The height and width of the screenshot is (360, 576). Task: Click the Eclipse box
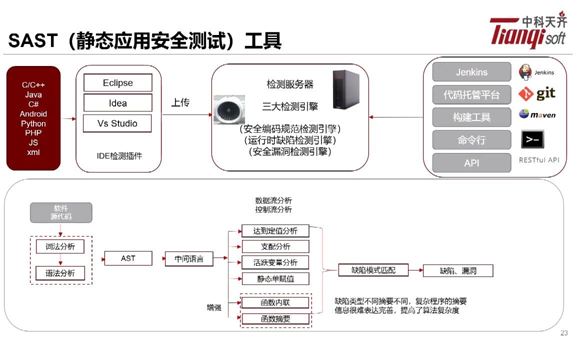[x=118, y=83]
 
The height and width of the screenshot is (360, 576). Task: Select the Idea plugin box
[x=118, y=103]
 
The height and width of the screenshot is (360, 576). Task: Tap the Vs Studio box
[x=117, y=123]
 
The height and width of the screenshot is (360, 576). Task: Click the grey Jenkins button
[x=471, y=72]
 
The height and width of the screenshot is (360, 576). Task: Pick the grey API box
[x=471, y=163]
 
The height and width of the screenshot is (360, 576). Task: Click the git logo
[x=537, y=93]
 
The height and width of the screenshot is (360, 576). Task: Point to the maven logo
[x=537, y=114]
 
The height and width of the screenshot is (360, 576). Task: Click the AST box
[x=128, y=258]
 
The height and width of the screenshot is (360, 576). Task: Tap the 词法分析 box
[x=60, y=246]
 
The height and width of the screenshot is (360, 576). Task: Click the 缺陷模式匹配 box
[x=373, y=270]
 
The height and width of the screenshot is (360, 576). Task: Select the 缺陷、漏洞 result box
[x=458, y=271]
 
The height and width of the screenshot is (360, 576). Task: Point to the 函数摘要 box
[x=275, y=318]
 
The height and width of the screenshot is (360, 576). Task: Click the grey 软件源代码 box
[x=61, y=212]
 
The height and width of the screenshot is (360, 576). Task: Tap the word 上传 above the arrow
[x=180, y=102]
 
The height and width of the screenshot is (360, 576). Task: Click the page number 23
[x=564, y=333]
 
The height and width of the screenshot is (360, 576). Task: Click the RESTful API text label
[x=539, y=160]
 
